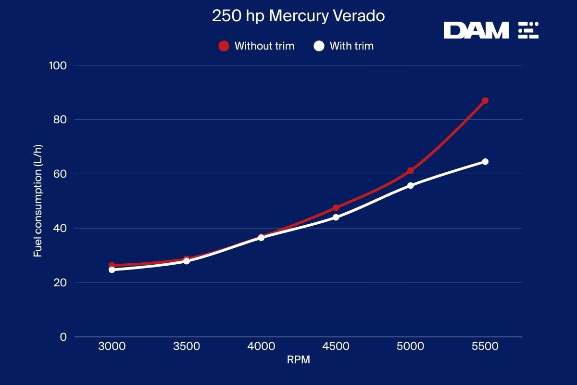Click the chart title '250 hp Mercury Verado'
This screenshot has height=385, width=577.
[298, 16]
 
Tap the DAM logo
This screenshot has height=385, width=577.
[490, 30]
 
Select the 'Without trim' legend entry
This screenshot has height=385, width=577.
[257, 46]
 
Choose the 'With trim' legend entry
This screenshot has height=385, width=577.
[344, 46]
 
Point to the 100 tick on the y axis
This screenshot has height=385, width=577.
[58, 65]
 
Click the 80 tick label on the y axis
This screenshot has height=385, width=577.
[60, 119]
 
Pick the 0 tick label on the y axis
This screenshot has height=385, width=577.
[63, 337]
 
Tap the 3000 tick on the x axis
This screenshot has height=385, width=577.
[112, 346]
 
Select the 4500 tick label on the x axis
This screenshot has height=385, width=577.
[336, 346]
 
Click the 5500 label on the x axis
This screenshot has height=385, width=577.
[485, 346]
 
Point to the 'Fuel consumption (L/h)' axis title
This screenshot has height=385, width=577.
[38, 201]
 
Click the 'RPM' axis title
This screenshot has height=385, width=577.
[298, 360]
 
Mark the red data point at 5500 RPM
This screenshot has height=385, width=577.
[485, 101]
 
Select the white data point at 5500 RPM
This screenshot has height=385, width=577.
[485, 162]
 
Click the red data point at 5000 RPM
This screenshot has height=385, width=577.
[411, 171]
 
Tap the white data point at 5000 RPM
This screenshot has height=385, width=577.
[411, 185]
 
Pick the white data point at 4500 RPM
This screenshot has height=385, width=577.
[336, 217]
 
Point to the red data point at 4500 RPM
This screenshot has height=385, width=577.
[336, 208]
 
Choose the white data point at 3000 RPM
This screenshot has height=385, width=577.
[112, 269]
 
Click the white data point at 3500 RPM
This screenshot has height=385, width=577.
[187, 261]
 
